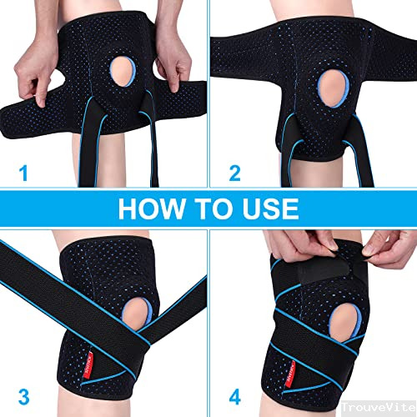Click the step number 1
point(24,173)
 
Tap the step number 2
point(235,173)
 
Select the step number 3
point(24,397)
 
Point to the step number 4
point(235,397)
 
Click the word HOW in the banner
point(152,208)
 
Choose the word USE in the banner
point(270,208)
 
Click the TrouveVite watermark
point(379,408)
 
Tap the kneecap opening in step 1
point(123,72)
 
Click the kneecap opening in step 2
point(334,88)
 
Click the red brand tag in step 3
point(89,364)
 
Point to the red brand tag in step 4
point(290,374)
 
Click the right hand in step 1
point(173,60)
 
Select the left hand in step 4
point(303,244)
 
